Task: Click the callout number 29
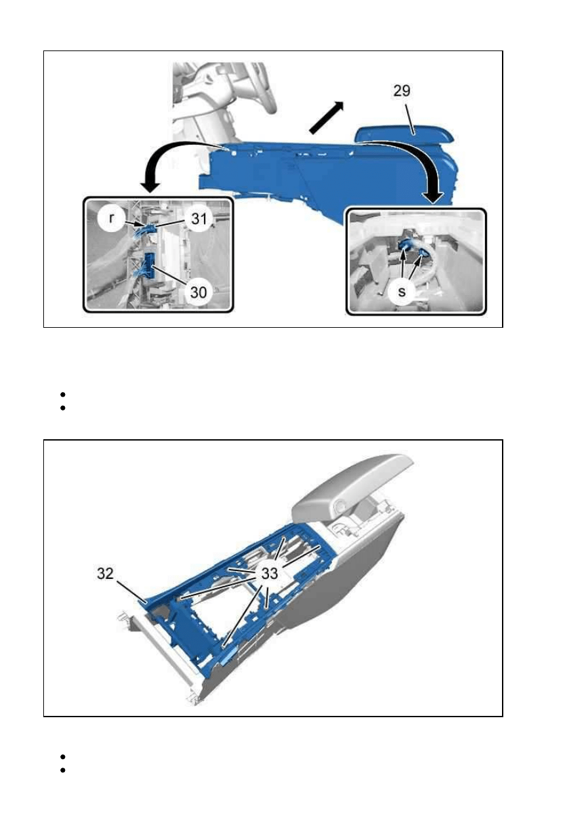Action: coord(402,90)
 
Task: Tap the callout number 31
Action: coord(199,219)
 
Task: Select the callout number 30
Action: coord(198,292)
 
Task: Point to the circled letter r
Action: coord(112,219)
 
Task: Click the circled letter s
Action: coord(402,292)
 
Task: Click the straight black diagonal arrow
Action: coord(326,117)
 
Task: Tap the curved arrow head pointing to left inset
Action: coord(150,187)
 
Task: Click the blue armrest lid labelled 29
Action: coord(404,134)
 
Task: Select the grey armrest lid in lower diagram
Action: coord(352,484)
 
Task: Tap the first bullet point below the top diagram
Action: coord(62,395)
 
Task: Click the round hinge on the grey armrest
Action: coord(341,505)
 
